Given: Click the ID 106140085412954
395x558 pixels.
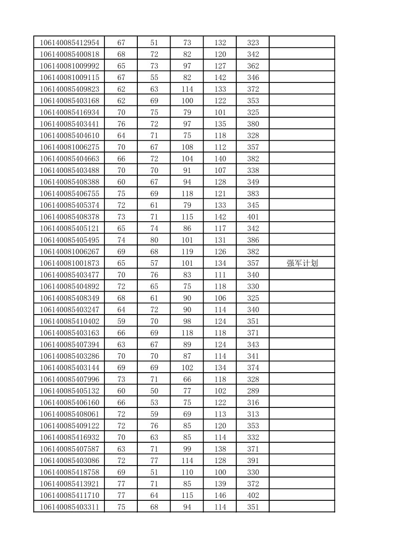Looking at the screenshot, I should click(70, 43).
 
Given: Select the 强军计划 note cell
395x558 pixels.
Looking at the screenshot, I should click(302, 263).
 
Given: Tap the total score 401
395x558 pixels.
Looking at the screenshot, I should click(253, 217).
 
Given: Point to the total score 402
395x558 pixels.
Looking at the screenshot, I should click(253, 495).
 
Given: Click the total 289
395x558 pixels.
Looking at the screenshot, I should click(253, 391).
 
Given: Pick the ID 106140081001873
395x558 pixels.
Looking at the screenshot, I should click(70, 263).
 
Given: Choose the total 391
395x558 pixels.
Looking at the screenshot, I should click(253, 461).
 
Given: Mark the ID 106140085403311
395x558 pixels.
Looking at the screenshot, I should click(70, 507).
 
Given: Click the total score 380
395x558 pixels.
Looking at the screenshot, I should click(253, 124).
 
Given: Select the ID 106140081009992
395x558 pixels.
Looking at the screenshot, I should click(70, 66).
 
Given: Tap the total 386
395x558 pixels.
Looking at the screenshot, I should click(253, 240).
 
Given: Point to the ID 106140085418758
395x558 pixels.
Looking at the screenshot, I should click(70, 472).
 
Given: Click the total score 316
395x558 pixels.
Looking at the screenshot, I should click(253, 402).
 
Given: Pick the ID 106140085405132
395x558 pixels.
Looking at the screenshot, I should click(70, 391).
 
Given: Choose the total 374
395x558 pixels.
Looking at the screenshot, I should click(253, 368).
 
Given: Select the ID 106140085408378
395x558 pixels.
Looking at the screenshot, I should click(70, 217).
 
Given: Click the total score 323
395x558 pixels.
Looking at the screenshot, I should click(253, 43).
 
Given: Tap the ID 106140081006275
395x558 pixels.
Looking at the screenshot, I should click(70, 147).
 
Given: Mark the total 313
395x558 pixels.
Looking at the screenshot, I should click(253, 414).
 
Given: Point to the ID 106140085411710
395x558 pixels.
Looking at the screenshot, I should click(70, 495).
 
